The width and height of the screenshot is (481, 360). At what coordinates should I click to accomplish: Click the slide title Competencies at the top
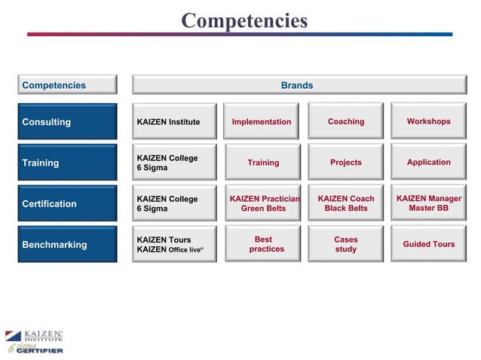[x=244, y=20]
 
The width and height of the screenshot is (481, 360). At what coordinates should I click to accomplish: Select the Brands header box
[x=297, y=85]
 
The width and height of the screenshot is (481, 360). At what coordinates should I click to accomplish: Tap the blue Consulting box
[x=67, y=121]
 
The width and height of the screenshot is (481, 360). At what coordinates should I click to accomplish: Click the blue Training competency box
[x=67, y=163]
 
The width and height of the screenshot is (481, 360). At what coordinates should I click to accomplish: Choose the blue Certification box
[x=67, y=203]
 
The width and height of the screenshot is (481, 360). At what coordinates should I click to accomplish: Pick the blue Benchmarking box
[x=67, y=244]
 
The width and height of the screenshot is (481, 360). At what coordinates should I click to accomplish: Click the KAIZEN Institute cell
[x=175, y=121]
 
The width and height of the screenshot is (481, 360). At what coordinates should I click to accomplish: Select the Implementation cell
[x=262, y=121]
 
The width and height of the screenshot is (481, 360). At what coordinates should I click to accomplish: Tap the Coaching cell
[x=345, y=121]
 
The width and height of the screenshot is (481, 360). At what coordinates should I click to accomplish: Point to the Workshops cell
[x=428, y=121]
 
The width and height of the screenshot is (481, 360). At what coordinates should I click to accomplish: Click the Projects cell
[x=345, y=162]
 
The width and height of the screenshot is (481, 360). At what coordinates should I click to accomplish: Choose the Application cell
[x=428, y=162]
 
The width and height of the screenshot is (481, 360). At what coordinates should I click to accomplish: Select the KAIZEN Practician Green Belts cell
[x=263, y=203]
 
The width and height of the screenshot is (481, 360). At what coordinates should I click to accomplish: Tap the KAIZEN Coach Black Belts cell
[x=345, y=203]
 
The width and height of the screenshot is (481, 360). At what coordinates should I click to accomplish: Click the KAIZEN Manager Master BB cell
[x=428, y=203]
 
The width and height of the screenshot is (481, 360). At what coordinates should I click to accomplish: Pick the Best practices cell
[x=263, y=244]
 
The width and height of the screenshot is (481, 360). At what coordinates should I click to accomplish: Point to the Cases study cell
[x=345, y=244]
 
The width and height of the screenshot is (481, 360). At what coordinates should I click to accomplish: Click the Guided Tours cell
[x=428, y=244]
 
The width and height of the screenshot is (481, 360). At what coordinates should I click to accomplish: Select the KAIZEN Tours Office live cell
[x=175, y=244]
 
